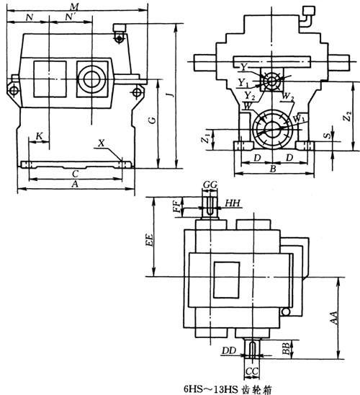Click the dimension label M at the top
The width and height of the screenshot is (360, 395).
tap(75, 6)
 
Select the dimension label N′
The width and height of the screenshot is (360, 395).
tap(71, 17)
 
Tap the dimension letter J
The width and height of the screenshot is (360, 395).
tap(171, 94)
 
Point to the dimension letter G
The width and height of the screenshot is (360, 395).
tap(152, 120)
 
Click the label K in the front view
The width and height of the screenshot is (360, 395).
tap(40, 136)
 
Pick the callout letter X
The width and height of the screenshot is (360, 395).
tap(101, 143)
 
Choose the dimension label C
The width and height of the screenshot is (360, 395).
tap(75, 174)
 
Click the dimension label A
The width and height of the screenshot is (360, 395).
tap(75, 185)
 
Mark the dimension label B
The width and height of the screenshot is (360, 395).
tap(273, 169)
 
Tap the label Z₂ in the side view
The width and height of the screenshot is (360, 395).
tap(348, 116)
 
